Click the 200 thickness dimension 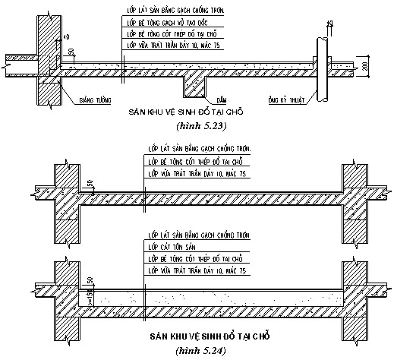pyautogui.click(x=365, y=70)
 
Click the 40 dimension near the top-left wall pyautogui.click(x=67, y=36)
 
